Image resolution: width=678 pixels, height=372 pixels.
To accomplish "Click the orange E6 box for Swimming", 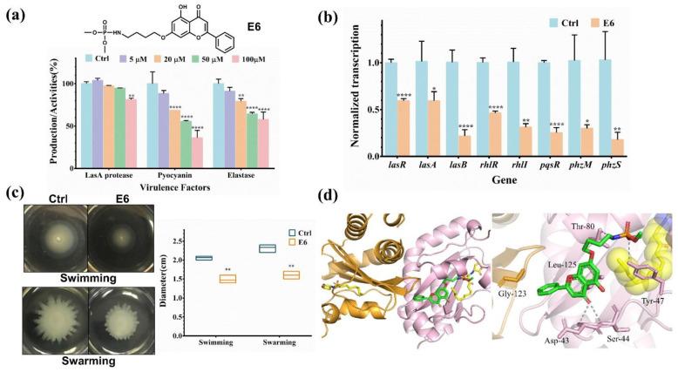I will (x=227, y=278).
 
